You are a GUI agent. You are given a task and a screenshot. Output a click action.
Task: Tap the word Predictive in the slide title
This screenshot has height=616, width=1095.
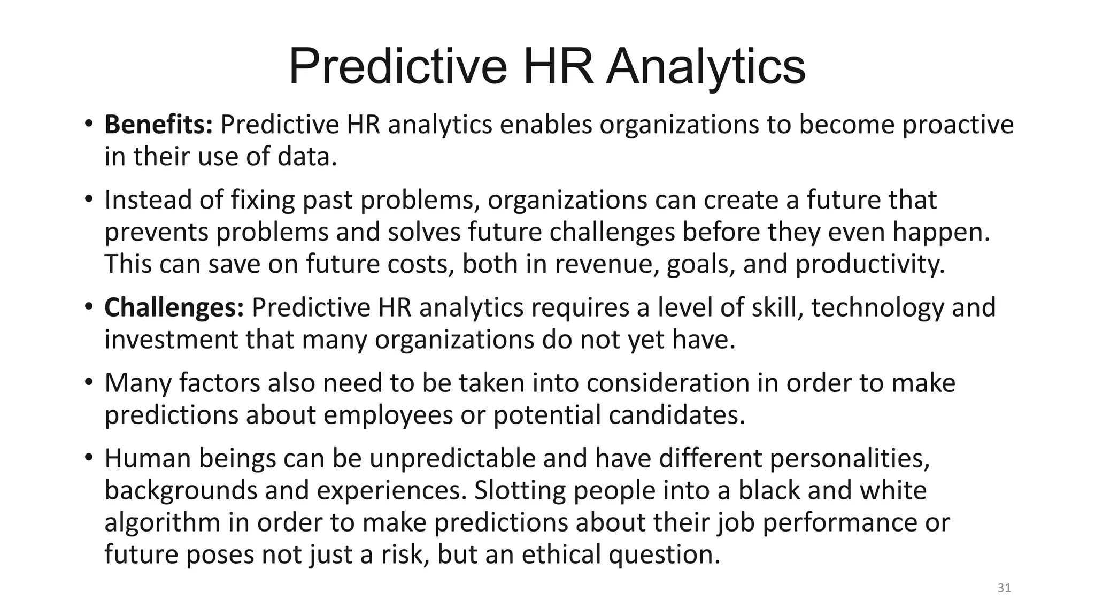pyautogui.click(x=397, y=67)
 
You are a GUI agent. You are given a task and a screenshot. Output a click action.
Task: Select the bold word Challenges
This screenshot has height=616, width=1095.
pyautogui.click(x=174, y=307)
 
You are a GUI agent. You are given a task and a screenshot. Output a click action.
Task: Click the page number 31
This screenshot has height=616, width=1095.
pyautogui.click(x=1004, y=588)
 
